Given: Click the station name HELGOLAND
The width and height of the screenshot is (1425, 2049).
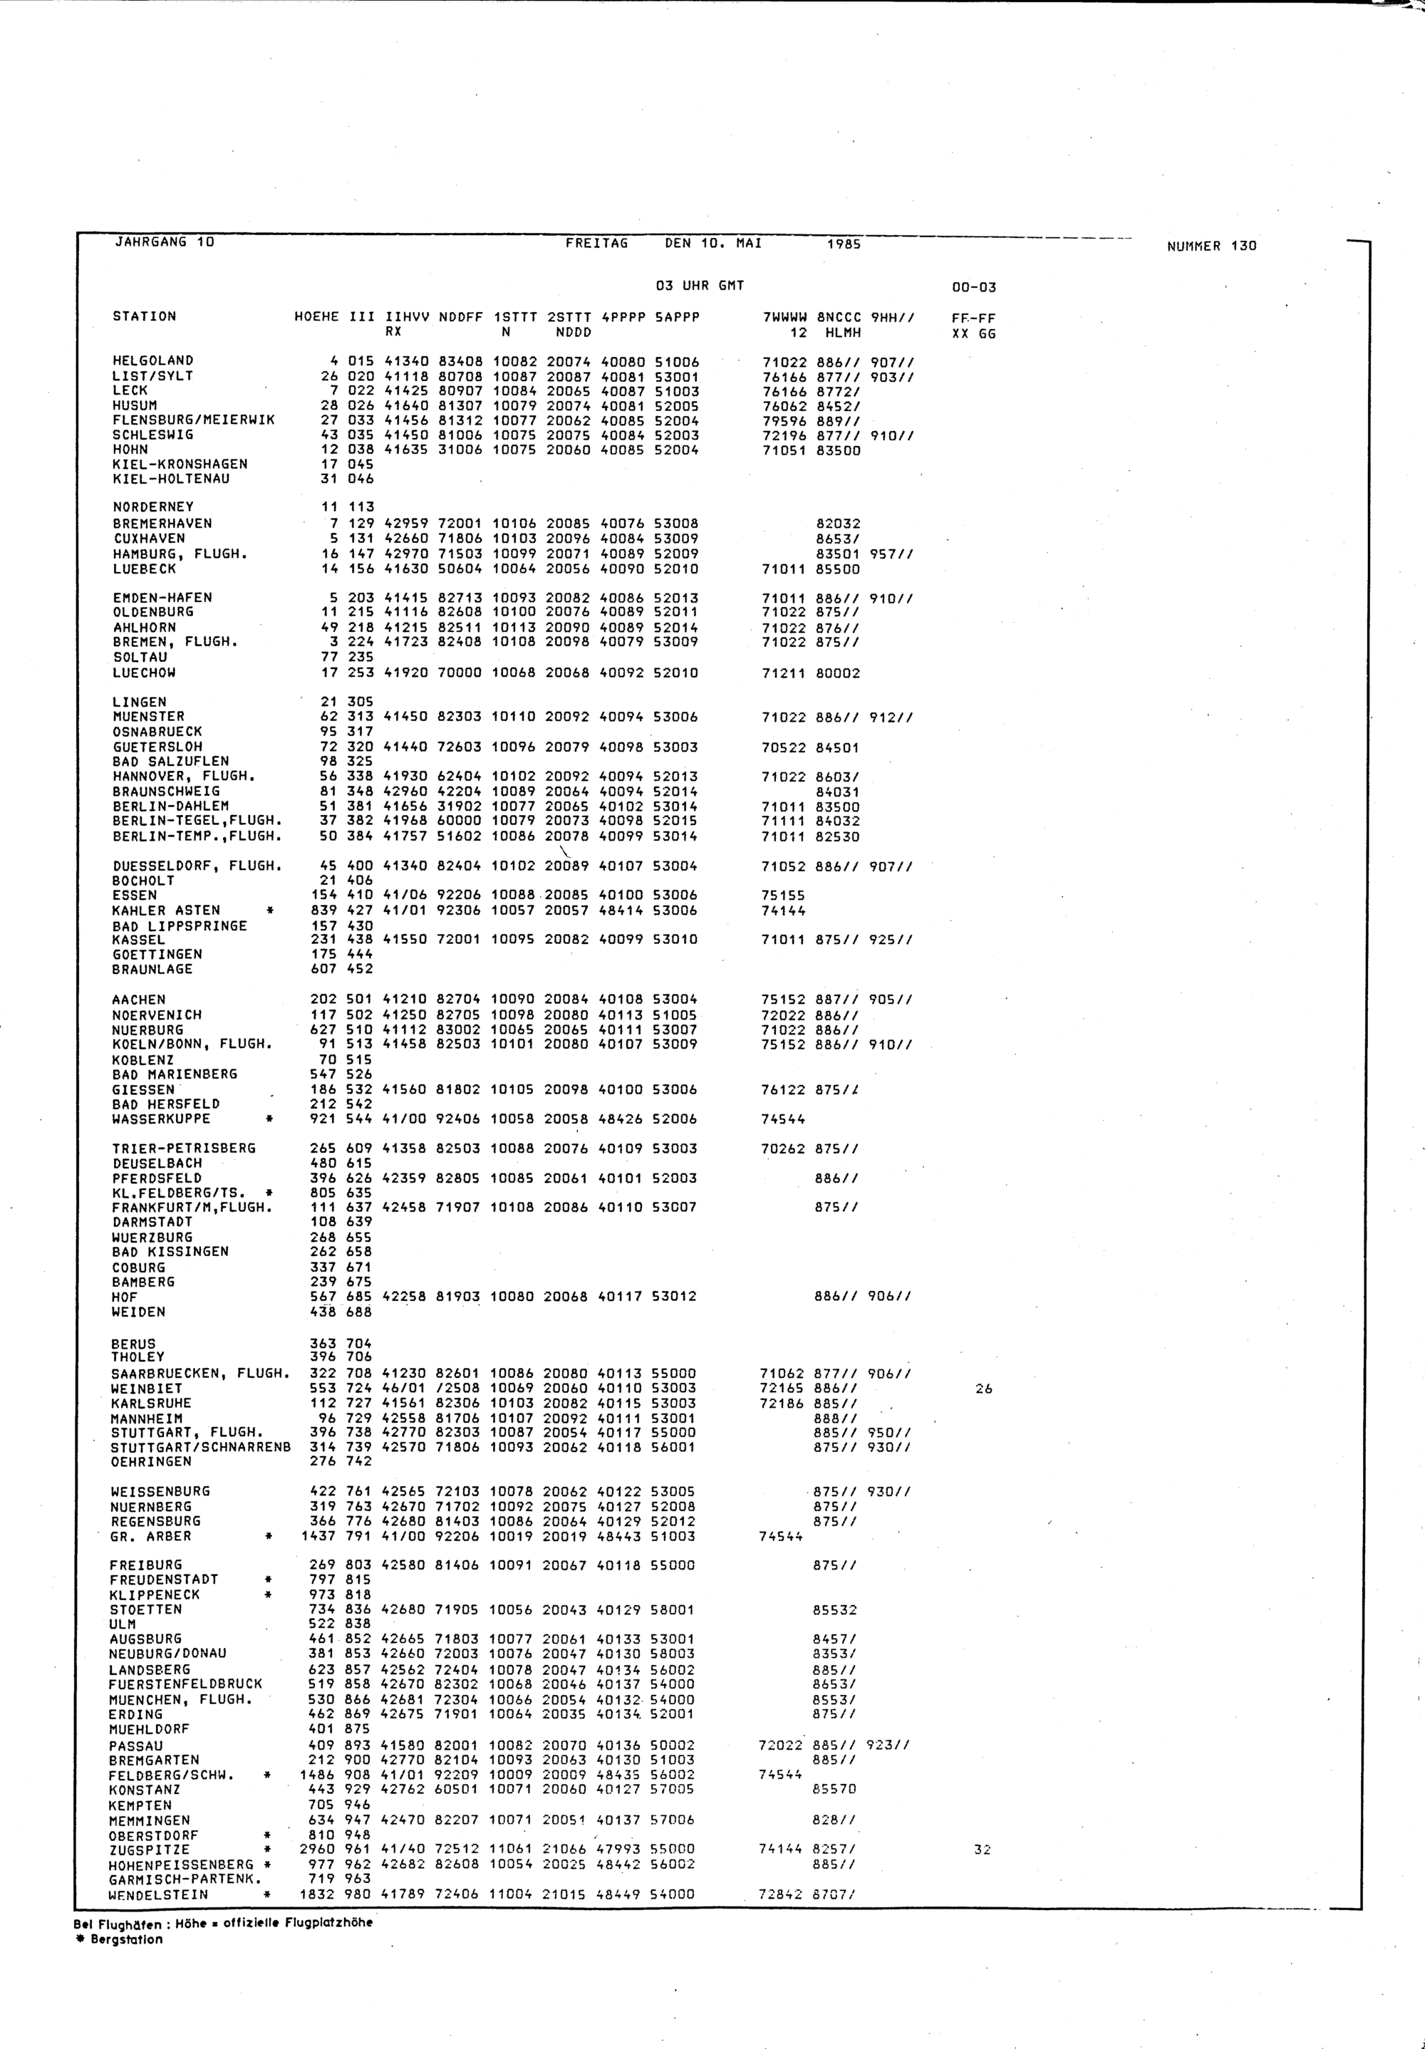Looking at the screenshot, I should click(152, 360).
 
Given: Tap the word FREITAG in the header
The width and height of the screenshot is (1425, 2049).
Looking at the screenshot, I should click(597, 243).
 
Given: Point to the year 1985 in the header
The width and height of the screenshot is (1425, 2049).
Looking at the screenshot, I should click(843, 244).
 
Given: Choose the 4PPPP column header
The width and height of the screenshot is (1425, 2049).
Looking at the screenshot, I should click(622, 317).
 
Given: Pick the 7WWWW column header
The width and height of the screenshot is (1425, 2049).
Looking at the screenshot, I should click(784, 317).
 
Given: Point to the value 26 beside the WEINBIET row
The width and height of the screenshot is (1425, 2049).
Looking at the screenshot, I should click(983, 1389).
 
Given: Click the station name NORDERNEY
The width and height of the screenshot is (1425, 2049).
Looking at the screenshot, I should click(152, 507).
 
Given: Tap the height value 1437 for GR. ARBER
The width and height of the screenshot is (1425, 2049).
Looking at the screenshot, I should click(319, 1536).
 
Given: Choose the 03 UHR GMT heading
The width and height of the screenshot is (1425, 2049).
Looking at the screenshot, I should click(700, 286).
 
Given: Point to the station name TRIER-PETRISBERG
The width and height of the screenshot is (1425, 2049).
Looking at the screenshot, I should click(184, 1148).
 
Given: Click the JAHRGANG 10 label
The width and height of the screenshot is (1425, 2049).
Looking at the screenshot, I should click(164, 242).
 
